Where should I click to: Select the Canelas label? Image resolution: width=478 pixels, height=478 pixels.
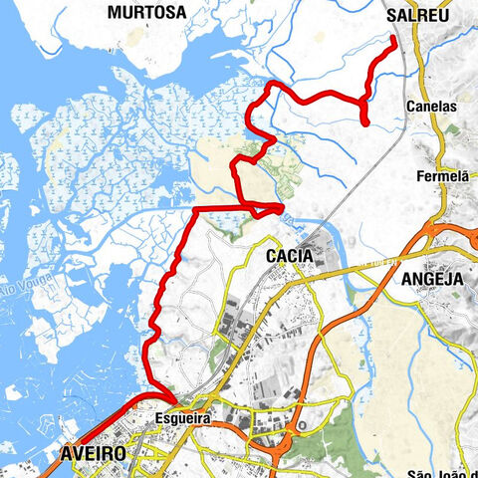click(x=431, y=105)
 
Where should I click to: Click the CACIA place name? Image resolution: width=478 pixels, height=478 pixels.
click(x=290, y=256)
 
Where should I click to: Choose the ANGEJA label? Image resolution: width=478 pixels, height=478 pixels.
click(x=433, y=280)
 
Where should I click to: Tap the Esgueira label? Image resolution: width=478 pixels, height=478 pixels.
click(x=183, y=419)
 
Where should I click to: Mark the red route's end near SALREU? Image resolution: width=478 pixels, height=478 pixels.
click(x=394, y=39)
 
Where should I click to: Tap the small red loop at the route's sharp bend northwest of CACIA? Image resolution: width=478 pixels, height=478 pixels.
click(x=269, y=208)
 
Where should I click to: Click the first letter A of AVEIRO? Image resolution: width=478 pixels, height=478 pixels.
click(x=66, y=453)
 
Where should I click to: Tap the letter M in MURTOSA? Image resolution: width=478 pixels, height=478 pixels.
click(x=116, y=12)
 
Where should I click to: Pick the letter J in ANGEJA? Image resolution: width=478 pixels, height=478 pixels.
click(x=449, y=280)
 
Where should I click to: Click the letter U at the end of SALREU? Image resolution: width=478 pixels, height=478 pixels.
click(x=445, y=12)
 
